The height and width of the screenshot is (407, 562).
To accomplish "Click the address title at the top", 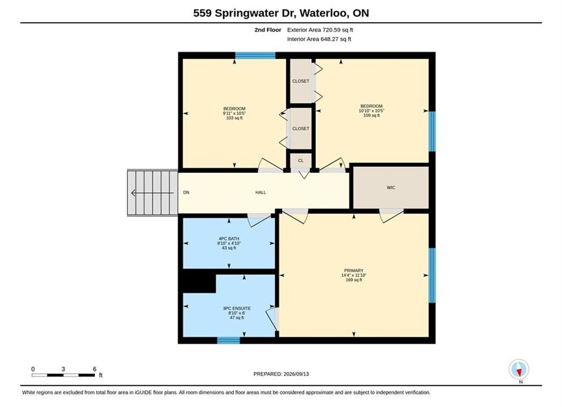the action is coord(281,13).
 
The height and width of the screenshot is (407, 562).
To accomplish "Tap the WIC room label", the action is coord(391,188).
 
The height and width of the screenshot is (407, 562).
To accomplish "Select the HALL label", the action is coord(260,193).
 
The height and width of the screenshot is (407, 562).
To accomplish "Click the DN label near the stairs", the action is coord(186,193).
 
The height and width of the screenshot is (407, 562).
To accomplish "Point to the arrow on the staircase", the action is coord(153,193).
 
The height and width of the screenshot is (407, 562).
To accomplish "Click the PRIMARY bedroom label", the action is coord(354,271).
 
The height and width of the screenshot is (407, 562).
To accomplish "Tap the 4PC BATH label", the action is coord(229,239).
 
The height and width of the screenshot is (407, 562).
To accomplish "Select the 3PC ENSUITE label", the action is coord(237,309).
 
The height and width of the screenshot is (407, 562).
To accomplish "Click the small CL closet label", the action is coord(300,161).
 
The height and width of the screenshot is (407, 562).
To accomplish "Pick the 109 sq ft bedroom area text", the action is coord(371,115).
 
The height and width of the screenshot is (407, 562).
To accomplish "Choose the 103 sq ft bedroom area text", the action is coord(234,118).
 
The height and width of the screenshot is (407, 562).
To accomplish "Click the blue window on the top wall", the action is coord(255,55).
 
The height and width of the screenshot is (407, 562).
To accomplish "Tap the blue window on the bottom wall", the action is coord(228,340).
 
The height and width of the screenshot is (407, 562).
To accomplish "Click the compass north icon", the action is coord(519,369).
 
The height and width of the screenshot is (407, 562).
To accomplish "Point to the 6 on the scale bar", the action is coord(95,369).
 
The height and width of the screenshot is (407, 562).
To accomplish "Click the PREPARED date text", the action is coord(281,374).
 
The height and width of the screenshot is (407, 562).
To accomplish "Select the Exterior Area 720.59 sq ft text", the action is coord(320,30).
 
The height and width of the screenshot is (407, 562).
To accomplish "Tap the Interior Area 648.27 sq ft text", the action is coord(319,39).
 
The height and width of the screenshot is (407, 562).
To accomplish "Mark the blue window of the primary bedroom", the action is coord(432,275).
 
